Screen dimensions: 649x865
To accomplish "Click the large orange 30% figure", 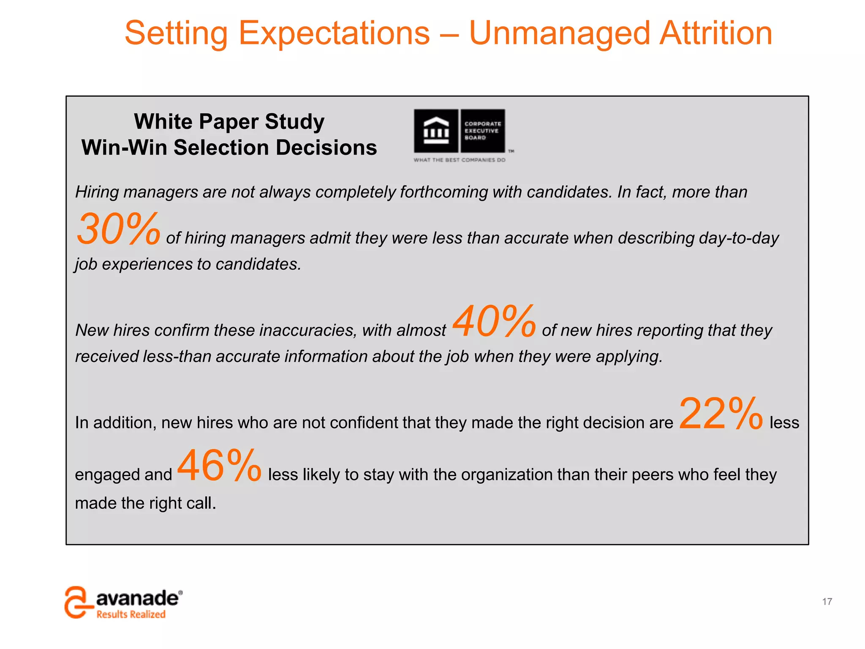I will click(x=118, y=229).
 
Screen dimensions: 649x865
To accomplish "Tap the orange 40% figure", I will click(x=494, y=322).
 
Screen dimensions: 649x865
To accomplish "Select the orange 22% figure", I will click(x=721, y=414).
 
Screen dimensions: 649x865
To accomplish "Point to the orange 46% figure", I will click(x=219, y=466).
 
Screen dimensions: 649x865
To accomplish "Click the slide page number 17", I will click(x=827, y=601).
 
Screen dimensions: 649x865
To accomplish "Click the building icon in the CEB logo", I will click(x=436, y=131).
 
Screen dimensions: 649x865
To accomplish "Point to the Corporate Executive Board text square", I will click(x=483, y=131).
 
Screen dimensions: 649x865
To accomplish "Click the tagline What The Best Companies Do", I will click(x=460, y=160).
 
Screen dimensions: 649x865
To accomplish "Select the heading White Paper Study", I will click(x=229, y=122).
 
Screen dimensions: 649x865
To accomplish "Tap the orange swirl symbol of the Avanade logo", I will click(x=78, y=602).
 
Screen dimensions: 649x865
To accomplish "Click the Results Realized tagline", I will click(x=131, y=614).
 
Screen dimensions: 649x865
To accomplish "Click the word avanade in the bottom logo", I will click(x=137, y=598).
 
